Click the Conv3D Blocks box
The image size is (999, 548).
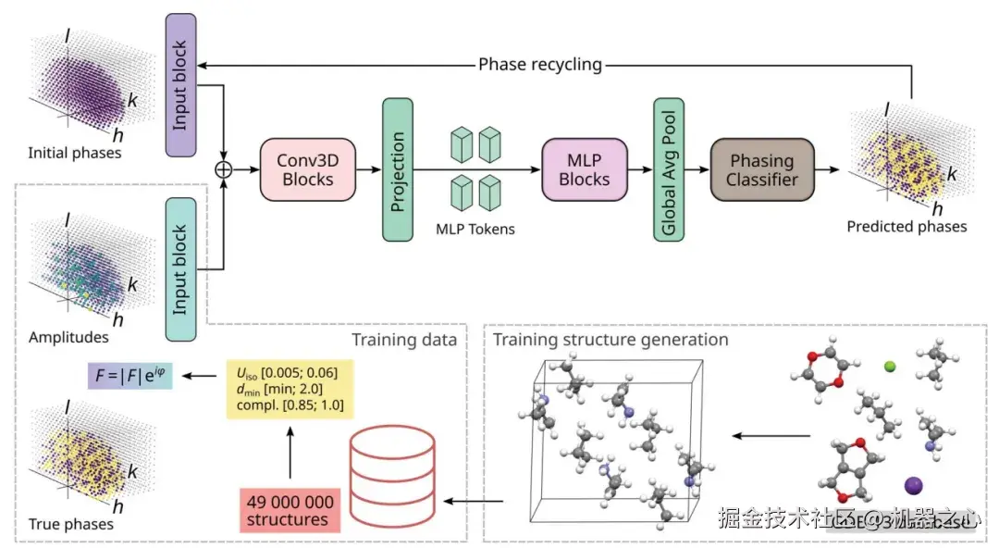pyautogui.click(x=308, y=169)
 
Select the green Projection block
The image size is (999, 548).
pyautogui.click(x=398, y=170)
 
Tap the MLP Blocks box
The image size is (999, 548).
pyautogui.click(x=585, y=169)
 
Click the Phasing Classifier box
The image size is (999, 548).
pyautogui.click(x=762, y=169)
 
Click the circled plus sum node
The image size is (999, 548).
pyautogui.click(x=222, y=169)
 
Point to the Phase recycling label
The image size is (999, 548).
pyautogui.click(x=540, y=65)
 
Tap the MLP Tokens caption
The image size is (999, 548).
pyautogui.click(x=475, y=228)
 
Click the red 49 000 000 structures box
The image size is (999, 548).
pyautogui.click(x=290, y=510)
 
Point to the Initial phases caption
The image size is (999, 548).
pyautogui.click(x=75, y=152)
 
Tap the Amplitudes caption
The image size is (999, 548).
pyautogui.click(x=68, y=338)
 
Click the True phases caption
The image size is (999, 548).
pyautogui.click(x=71, y=524)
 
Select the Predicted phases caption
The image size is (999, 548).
pyautogui.click(x=906, y=226)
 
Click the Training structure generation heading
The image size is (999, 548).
pyautogui.click(x=610, y=340)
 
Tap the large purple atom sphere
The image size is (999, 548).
pyautogui.click(x=914, y=485)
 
